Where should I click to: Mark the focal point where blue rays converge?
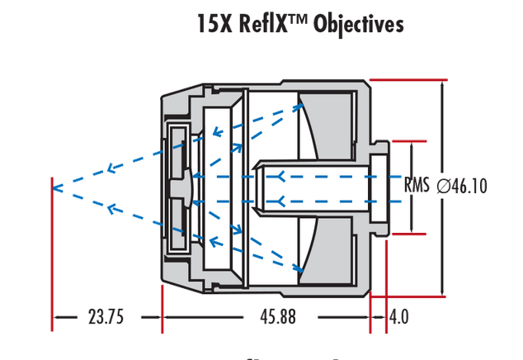(x=54, y=187)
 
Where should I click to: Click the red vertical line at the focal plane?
(x=52, y=248)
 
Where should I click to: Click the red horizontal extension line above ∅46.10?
(x=408, y=79)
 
